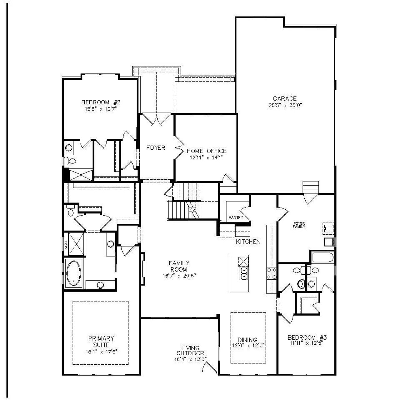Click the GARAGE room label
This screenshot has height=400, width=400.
point(285,98)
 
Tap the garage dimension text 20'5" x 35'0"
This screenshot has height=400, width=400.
point(285,105)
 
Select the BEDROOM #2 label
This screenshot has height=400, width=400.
point(101,102)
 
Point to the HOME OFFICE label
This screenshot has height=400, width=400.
point(207,151)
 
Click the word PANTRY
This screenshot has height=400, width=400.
point(236,217)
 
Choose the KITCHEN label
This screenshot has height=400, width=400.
point(248,242)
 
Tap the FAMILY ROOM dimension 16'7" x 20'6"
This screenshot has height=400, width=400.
point(179,276)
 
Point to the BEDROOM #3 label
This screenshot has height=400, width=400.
point(307,337)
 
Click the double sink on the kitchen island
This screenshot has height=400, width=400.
point(244,273)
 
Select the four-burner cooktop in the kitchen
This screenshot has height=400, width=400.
point(272,273)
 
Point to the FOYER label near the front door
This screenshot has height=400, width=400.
point(156,147)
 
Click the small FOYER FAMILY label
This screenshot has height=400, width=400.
point(299,225)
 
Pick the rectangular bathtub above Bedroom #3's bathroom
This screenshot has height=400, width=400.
point(322,257)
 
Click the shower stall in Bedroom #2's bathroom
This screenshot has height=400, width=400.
point(81,175)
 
